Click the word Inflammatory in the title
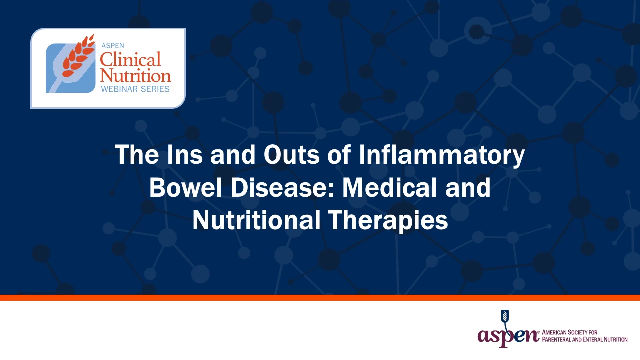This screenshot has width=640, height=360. tap(441, 155)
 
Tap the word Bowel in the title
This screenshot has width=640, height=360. tap(186, 187)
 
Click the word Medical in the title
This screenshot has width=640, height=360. tap(389, 187)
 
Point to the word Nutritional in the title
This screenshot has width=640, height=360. tap(256, 220)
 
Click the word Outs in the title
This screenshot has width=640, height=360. tap(291, 154)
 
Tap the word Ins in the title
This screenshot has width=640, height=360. tap(185, 154)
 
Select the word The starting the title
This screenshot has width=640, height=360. tap(137, 154)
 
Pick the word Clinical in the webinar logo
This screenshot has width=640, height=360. tap(130, 59)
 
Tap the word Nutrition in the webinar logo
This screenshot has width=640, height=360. tap(135, 75)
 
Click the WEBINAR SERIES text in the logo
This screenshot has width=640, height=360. tap(135, 89)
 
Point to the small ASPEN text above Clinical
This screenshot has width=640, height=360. tap(113, 45)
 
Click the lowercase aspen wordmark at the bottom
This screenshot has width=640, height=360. tap(508, 335)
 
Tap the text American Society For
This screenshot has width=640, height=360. tap(569, 332)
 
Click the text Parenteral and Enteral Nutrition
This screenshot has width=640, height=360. tap(585, 339)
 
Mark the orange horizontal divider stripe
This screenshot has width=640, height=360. tap(320, 297)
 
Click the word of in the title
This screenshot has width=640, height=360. tap(339, 154)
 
